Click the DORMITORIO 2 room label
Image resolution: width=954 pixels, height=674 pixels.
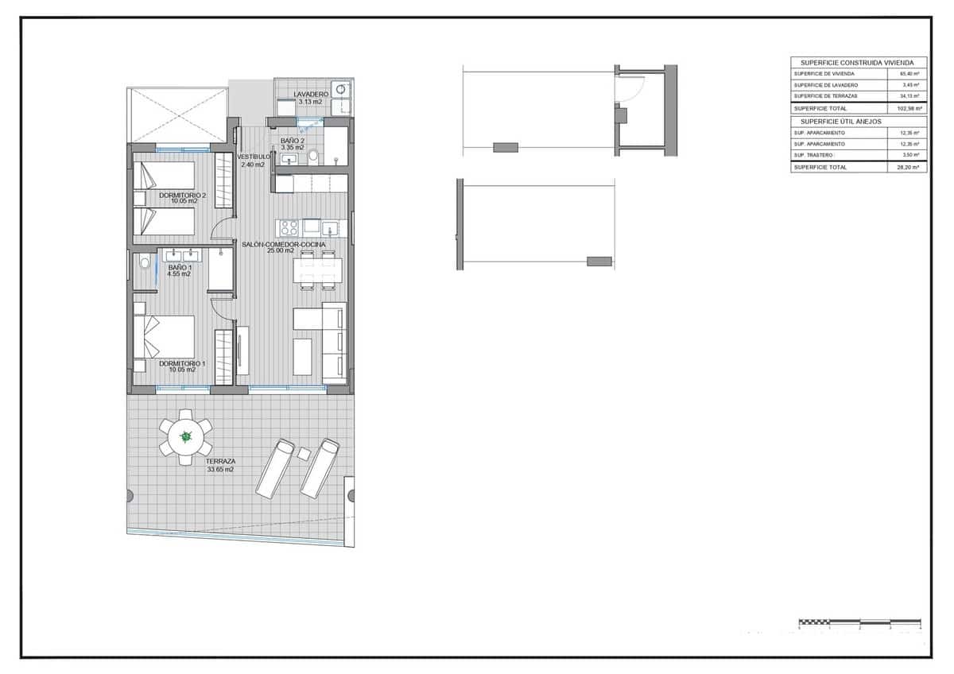click(182, 195)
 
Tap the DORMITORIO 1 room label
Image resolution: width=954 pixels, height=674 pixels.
click(182, 363)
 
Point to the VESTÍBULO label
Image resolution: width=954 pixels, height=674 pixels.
click(253, 157)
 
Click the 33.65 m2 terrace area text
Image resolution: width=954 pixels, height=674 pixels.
click(219, 470)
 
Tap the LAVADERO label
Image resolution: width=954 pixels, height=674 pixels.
click(310, 95)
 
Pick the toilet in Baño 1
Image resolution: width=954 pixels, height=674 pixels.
click(144, 261)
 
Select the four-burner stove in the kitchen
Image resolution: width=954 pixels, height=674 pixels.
click(289, 227)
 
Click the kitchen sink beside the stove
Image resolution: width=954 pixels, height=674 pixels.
click(330, 229)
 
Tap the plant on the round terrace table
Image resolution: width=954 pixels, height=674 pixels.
click(186, 436)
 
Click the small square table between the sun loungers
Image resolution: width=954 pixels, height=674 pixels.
click(304, 453)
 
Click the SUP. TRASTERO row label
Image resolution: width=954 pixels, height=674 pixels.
click(812, 155)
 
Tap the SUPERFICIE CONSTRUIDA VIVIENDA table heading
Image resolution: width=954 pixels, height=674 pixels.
click(858, 62)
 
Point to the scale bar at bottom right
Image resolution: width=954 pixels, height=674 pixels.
click(859, 622)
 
